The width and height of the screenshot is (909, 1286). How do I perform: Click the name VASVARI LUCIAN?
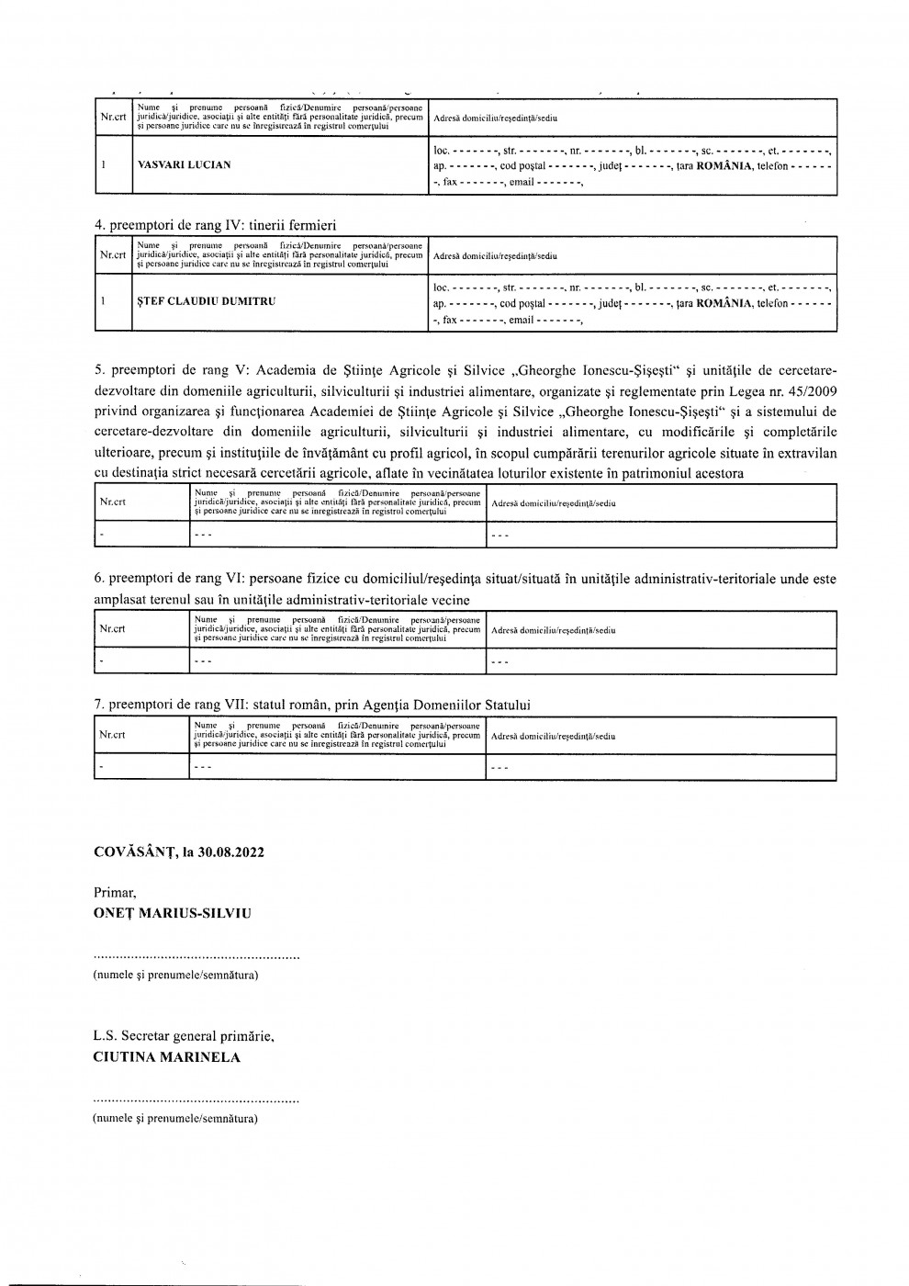(184, 165)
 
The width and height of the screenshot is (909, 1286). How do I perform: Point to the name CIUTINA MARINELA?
(166, 1057)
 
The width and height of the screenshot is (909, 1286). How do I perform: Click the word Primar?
(115, 893)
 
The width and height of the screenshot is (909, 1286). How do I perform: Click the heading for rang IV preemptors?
(216, 225)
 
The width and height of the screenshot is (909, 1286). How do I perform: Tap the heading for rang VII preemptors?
(313, 705)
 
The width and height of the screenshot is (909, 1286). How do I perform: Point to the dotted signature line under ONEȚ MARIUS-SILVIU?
(196, 958)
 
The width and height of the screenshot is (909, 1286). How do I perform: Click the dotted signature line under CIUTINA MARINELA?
(196, 1100)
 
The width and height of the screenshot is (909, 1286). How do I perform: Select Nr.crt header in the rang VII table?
(113, 735)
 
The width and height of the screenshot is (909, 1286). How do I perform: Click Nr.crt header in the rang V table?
(113, 502)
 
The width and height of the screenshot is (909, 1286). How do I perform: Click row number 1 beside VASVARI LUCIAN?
(105, 165)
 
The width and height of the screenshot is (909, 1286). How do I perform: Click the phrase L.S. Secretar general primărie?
(184, 1036)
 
